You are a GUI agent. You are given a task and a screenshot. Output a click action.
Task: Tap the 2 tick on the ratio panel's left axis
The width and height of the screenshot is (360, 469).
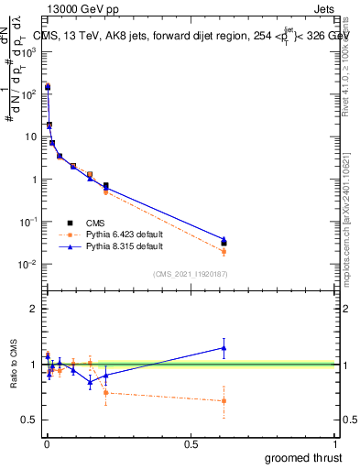33,309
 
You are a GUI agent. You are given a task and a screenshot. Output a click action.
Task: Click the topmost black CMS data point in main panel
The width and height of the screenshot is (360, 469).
48,87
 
